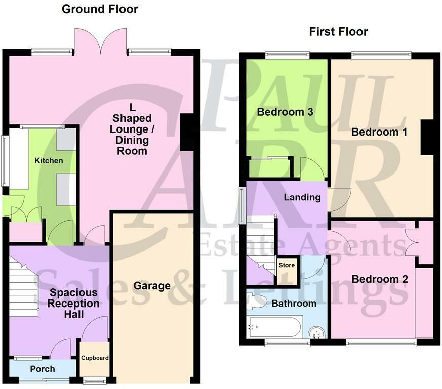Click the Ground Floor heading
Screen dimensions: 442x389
pos(100,9)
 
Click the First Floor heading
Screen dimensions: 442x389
pos(338,32)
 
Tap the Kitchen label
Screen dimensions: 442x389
pos(49,160)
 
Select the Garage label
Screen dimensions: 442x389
pos(152,286)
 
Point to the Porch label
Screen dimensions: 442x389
pos(43,369)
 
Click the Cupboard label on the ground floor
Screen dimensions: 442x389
pos(95,358)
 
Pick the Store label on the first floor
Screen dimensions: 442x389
pos(287,265)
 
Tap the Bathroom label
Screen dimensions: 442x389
pos(294,304)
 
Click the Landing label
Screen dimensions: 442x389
pos(302,197)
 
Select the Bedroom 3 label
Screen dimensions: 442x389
pos(285,112)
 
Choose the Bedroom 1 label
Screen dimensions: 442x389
pos(379,132)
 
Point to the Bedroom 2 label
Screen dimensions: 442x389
pos(380,279)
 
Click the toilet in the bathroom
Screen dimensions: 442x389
pos(256,301)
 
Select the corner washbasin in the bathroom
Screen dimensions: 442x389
pos(317,333)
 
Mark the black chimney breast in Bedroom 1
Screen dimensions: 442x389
pos(427,137)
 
